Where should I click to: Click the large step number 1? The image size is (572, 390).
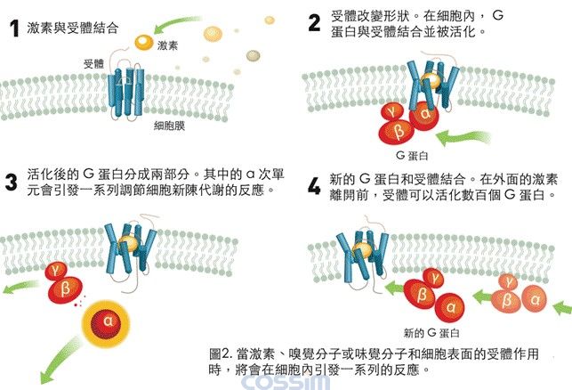[13, 28]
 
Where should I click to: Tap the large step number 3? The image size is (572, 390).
[12, 183]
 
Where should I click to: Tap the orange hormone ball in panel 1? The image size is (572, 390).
[143, 40]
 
